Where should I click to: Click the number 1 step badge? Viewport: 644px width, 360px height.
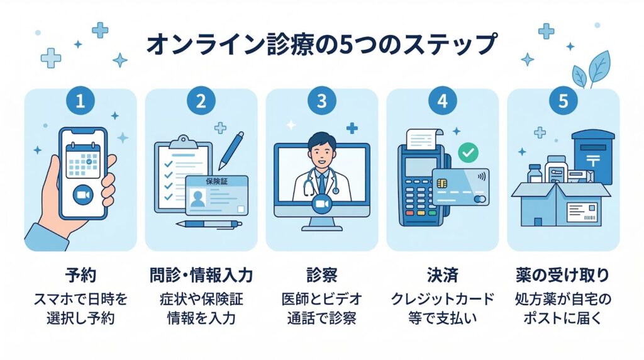pos(80,100)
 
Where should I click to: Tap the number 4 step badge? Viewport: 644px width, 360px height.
pos(442,100)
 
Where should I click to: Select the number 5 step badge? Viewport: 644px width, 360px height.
pos(563,100)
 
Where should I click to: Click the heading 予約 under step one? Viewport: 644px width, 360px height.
pos(80,275)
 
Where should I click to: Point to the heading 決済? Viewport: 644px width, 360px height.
pos(442,275)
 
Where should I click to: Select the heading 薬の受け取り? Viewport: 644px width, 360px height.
pos(563,275)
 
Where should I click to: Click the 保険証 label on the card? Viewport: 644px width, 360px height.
pos(216,181)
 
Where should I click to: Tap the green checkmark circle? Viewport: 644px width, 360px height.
pos(468,152)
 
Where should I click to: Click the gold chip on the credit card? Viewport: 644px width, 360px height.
pos(442,183)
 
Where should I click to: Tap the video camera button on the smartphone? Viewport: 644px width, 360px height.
pos(83,195)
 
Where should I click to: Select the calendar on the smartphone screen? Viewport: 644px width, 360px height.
pos(83,160)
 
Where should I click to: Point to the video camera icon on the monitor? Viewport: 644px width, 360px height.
pos(321,205)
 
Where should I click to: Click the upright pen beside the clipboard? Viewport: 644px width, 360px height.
pos(231,150)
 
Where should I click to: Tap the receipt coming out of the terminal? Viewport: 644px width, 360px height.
pos(424,138)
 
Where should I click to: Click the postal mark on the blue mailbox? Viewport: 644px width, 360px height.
pos(592,159)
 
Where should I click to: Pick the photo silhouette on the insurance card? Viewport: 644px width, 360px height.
pos(198,199)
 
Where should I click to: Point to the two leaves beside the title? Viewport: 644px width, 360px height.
pos(592,69)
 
